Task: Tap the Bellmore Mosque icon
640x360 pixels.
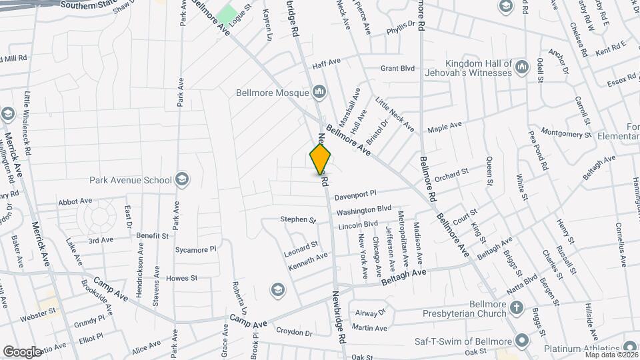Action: pyautogui.click(x=319, y=91)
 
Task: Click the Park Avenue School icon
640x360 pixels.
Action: pyautogui.click(x=182, y=179)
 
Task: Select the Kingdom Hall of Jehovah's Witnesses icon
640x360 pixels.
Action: pyautogui.click(x=521, y=67)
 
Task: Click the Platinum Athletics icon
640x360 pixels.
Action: pyautogui.click(x=629, y=347)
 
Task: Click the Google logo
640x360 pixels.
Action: pyautogui.click(x=22, y=351)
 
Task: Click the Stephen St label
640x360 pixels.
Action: pyautogui.click(x=297, y=219)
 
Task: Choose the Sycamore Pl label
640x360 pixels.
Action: pyautogui.click(x=196, y=249)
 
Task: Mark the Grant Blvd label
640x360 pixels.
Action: pyautogui.click(x=397, y=68)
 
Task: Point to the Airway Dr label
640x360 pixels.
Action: pyautogui.click(x=371, y=312)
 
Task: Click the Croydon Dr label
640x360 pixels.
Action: pyautogui.click(x=295, y=331)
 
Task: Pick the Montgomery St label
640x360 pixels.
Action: pyautogui.click(x=566, y=133)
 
